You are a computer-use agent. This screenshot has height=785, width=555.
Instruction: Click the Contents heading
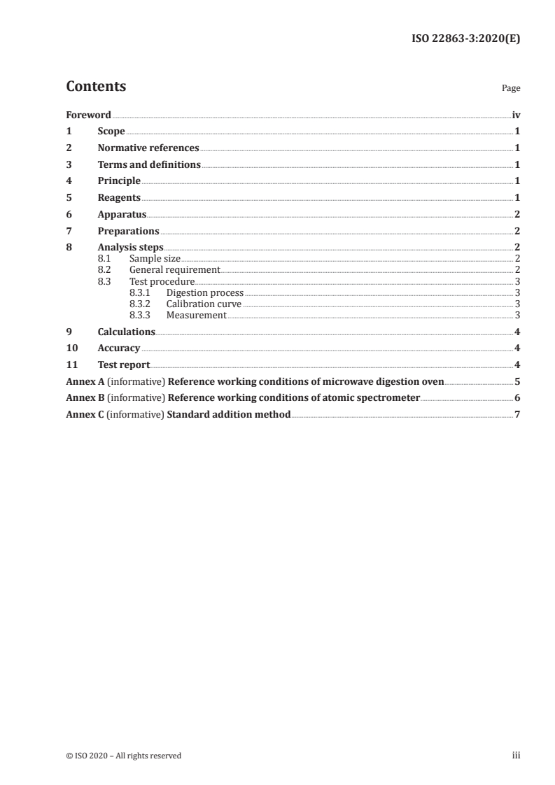point(96,87)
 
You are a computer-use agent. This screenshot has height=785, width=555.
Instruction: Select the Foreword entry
point(88,115)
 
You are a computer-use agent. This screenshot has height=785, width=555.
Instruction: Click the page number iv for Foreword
point(516,115)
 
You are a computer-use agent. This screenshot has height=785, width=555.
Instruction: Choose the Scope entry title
point(111,132)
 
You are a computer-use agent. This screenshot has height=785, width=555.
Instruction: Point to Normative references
point(148,148)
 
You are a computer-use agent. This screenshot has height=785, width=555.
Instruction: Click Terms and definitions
point(149,165)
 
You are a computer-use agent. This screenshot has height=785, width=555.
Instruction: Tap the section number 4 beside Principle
point(69,181)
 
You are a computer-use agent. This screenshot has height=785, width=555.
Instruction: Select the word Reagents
point(119,198)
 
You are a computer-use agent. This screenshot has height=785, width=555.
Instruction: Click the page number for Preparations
point(517,231)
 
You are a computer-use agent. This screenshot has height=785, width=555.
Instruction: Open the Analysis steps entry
point(130,248)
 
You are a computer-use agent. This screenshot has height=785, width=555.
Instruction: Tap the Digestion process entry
point(205,292)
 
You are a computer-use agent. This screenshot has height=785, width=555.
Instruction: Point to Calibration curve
point(204,304)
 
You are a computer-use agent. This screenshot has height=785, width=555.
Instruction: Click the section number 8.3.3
point(140,315)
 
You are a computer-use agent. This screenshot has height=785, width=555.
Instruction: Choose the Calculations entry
point(126,332)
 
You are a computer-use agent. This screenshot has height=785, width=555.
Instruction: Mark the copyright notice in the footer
point(123,756)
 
